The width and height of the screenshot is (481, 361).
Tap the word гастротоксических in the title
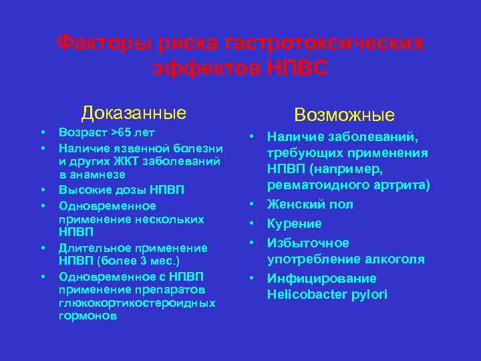click(325, 43)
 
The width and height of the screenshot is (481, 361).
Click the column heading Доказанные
click(134, 112)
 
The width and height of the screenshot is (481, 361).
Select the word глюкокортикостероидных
click(137, 303)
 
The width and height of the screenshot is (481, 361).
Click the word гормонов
click(87, 316)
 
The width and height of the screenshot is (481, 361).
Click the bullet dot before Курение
click(254, 223)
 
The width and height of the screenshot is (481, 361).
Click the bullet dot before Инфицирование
click(254, 277)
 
